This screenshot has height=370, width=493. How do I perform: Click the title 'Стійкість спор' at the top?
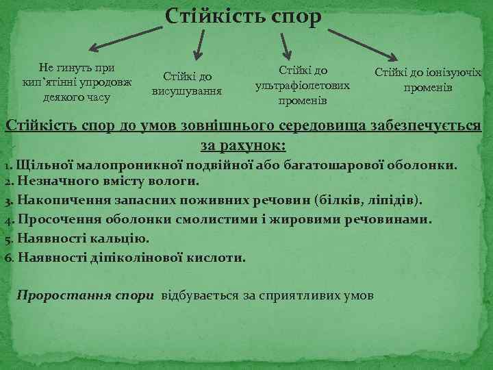point(243,16)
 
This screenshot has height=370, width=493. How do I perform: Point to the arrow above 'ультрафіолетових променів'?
point(286,44)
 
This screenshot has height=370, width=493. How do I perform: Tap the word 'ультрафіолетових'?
point(302,86)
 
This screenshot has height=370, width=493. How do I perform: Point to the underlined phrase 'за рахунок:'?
point(243,145)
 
